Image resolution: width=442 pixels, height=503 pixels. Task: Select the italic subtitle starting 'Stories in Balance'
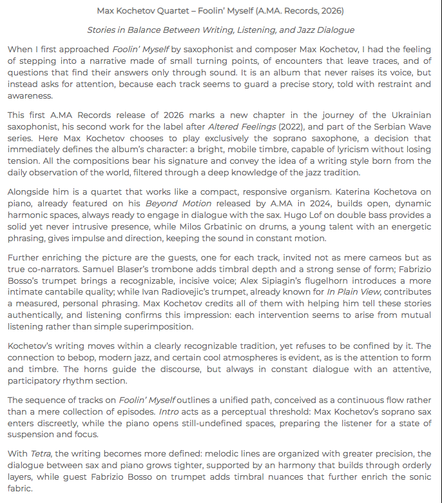(220, 30)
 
